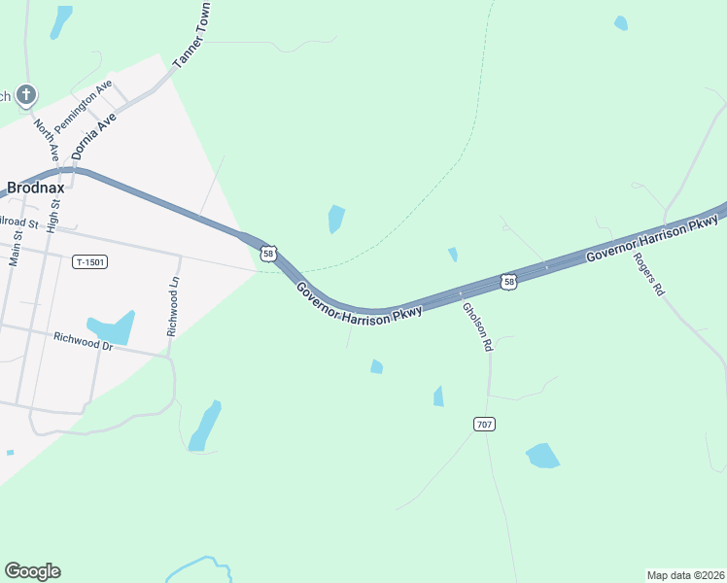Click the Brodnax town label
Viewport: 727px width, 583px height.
(35, 187)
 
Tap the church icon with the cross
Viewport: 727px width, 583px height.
(26, 95)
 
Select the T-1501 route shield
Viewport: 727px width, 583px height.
(89, 262)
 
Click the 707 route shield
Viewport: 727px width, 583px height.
(485, 424)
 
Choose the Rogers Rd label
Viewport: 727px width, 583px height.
(648, 275)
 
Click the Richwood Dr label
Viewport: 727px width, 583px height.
(84, 340)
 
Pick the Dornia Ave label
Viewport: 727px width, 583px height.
(94, 135)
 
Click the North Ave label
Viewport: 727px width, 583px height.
(46, 140)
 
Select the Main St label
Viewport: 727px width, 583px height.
(15, 243)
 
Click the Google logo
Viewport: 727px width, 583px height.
(32, 570)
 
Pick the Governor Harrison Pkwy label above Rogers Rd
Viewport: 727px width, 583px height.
(650, 240)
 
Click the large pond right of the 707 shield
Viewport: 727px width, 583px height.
(542, 455)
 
